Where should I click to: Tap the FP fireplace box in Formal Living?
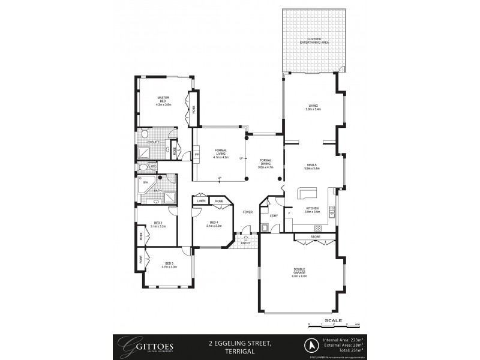click(196, 155)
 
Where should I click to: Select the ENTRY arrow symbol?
click(246, 238)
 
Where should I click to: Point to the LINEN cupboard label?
click(201, 201)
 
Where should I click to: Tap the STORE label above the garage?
click(316, 237)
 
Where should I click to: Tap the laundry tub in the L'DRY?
click(265, 227)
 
